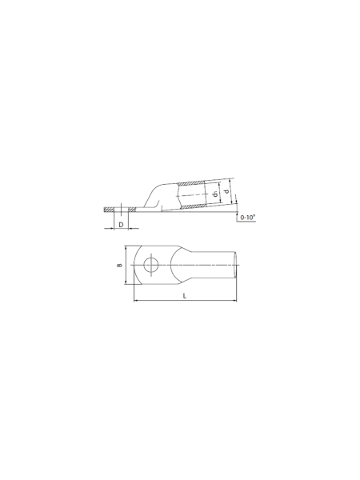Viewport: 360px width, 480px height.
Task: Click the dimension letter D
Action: [x=121, y=225]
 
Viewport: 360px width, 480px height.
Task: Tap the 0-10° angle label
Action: [x=248, y=218]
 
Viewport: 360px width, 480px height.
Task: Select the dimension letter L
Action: [x=185, y=296]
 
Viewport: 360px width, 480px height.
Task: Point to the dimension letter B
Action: [x=120, y=265]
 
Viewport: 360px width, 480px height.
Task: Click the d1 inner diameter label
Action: [x=216, y=194]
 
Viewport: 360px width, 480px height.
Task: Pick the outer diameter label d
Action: [x=226, y=191]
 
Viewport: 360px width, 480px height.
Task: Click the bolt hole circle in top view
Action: [x=151, y=265]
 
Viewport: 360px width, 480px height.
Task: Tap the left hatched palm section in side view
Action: [x=109, y=210]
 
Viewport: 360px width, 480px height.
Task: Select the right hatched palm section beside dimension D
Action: [x=132, y=210]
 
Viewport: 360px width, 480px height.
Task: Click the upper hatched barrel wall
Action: [x=190, y=184]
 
